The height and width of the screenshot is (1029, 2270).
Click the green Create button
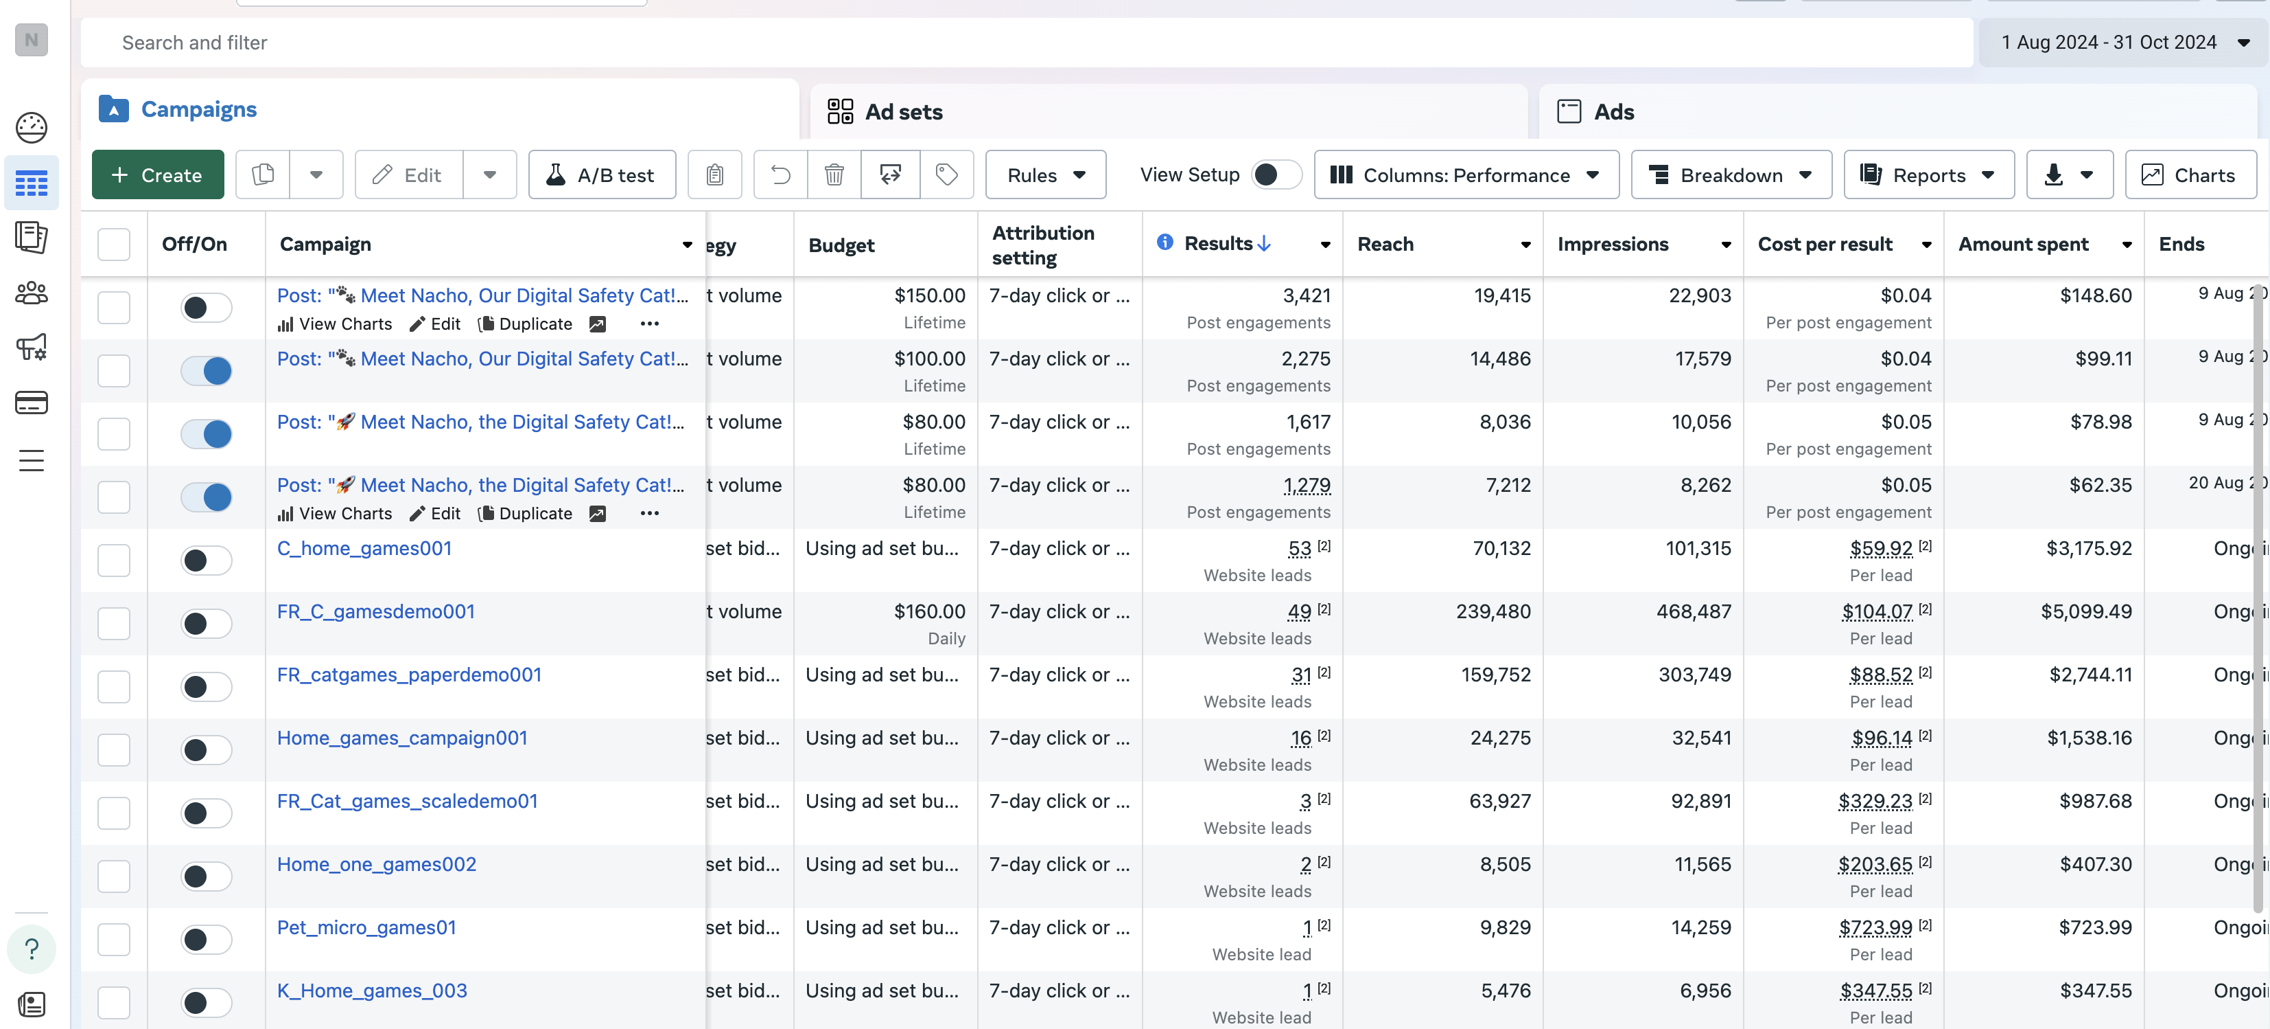[x=158, y=174]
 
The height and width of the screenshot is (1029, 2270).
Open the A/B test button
[x=602, y=174]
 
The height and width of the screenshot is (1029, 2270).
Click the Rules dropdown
[x=1045, y=174]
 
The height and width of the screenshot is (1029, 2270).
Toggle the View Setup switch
[x=1276, y=174]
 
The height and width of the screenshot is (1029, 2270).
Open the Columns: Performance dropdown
[x=1466, y=174]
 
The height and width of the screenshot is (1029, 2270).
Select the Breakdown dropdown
[x=1731, y=174]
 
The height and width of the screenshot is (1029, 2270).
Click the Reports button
[x=1928, y=174]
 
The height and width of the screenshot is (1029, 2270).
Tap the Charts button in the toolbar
[x=2190, y=174]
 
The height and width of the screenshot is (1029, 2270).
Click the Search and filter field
[x=1027, y=43]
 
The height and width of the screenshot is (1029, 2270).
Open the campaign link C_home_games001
[x=364, y=547]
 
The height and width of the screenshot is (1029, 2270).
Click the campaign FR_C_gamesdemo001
[x=375, y=611]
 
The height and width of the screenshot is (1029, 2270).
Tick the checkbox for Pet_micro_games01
[x=114, y=939]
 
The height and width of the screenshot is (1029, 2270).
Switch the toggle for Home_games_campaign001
[x=206, y=749]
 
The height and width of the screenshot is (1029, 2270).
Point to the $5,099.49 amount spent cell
[x=2086, y=611]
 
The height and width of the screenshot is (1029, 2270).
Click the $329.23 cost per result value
[x=1875, y=802]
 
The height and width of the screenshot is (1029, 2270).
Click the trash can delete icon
[x=834, y=174]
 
